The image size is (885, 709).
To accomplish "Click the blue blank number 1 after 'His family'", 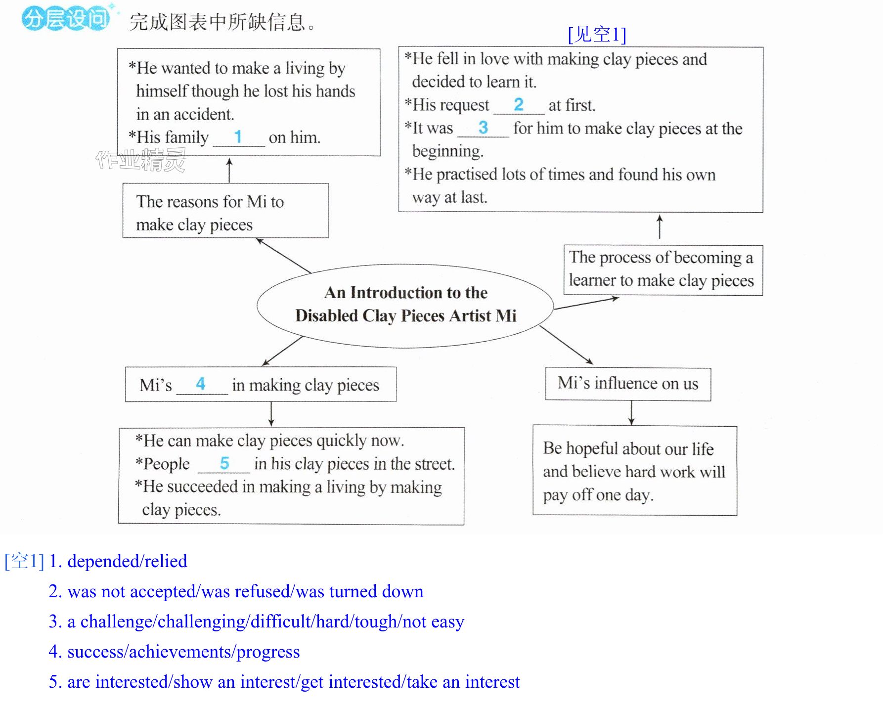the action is (x=238, y=136).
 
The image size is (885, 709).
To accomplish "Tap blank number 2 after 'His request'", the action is (x=518, y=104).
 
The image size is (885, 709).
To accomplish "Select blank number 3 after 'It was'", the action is (x=483, y=128).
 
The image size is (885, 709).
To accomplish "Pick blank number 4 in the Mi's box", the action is (x=200, y=384).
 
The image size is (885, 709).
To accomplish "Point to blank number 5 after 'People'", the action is (x=224, y=463).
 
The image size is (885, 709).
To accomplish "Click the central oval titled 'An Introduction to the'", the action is (x=405, y=264).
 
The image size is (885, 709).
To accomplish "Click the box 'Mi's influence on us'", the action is (x=628, y=384).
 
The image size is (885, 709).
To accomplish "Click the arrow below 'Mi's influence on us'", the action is (x=631, y=413).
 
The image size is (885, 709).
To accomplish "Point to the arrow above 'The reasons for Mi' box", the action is (x=229, y=170).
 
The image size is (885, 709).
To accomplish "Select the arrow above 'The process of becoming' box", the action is (x=660, y=226).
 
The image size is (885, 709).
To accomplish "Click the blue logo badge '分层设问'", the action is (x=66, y=19).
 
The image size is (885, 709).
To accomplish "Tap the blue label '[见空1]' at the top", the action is (x=597, y=34).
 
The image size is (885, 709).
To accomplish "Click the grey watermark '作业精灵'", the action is (x=140, y=160).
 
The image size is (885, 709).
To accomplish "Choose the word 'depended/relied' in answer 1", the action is (x=127, y=561).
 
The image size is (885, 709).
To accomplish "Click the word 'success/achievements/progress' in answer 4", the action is (x=183, y=652).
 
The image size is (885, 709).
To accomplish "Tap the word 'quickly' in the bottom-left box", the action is (x=348, y=441).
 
